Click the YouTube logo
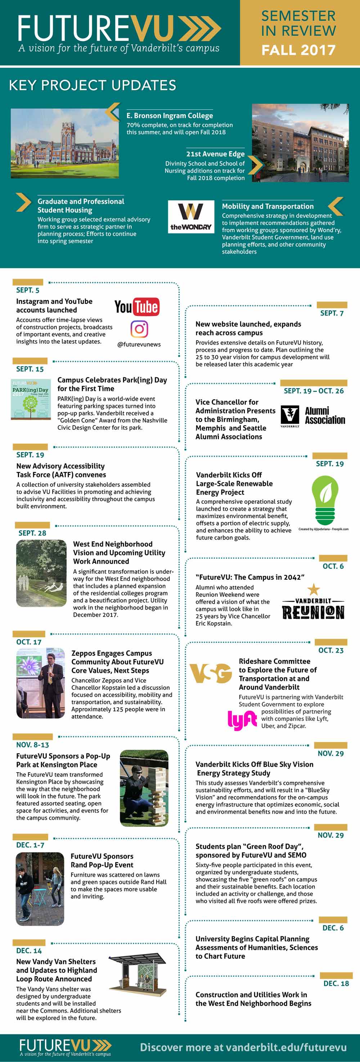click(136, 307)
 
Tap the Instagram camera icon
click(139, 329)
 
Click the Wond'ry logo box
click(191, 217)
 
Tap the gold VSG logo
click(211, 673)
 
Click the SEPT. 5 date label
click(28, 290)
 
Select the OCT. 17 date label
click(29, 642)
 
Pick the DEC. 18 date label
click(336, 983)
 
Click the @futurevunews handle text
click(139, 344)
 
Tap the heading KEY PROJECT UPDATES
click(93, 85)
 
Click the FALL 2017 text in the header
click(298, 50)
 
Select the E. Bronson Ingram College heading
click(170, 116)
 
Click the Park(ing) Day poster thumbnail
click(31, 399)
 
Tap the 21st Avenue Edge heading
click(215, 154)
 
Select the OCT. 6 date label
click(333, 566)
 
